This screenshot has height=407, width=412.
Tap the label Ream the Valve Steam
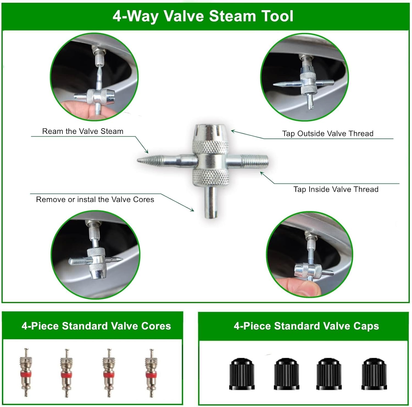83,131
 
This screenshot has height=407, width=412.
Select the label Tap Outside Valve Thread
328,133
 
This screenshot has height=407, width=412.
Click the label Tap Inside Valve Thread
336,189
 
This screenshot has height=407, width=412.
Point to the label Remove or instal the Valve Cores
95,200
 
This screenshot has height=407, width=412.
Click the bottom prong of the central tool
211,202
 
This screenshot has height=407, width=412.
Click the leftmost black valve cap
242,374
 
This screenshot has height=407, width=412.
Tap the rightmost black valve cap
374,374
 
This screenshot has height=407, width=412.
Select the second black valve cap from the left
286,374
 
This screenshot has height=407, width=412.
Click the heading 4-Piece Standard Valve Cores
96,326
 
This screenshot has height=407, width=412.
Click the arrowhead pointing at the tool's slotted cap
233,132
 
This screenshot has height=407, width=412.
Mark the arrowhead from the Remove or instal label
192,210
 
